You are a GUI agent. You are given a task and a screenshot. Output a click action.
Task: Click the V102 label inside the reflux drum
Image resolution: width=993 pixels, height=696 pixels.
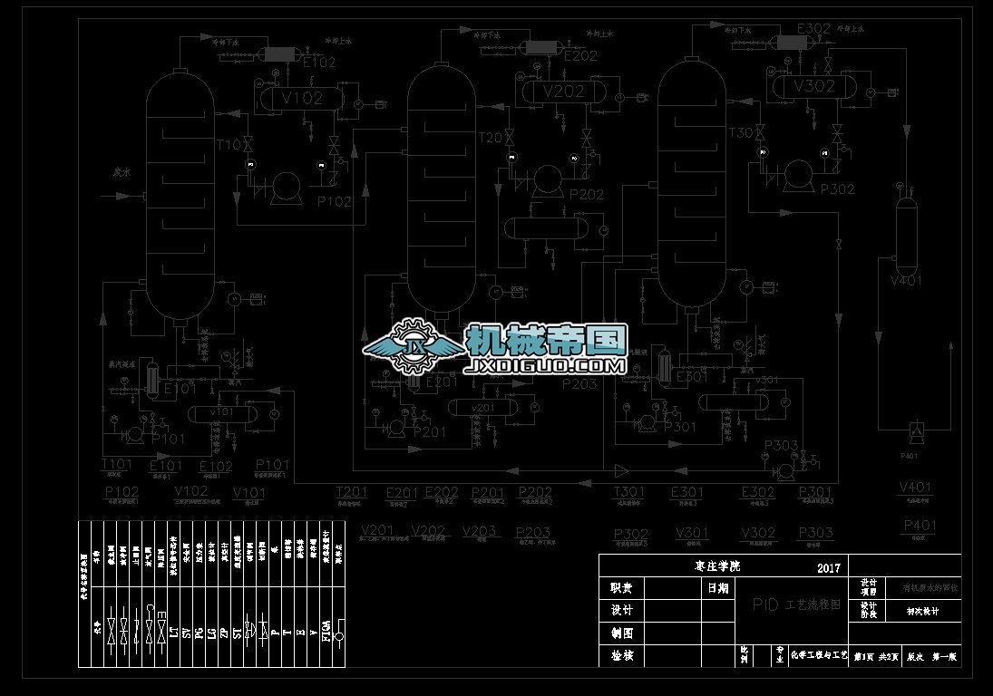point(302,98)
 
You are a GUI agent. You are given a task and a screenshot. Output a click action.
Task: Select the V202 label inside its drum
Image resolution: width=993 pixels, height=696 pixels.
point(563,92)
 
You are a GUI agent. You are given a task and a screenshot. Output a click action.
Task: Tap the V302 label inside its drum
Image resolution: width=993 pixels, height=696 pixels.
point(813,87)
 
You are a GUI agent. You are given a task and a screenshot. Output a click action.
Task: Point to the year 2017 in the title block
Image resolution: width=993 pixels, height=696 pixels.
point(829,568)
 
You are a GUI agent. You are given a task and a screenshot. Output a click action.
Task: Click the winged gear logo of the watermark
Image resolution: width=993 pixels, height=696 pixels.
point(415,347)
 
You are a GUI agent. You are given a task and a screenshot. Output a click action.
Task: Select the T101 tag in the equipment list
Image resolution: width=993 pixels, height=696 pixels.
point(116,465)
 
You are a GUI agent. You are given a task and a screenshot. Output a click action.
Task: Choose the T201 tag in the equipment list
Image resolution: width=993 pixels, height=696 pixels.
point(351,492)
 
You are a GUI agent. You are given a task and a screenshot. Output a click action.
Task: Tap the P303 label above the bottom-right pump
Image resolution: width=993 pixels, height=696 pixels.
point(781,445)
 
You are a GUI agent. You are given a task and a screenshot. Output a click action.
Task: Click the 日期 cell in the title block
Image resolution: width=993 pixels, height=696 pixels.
point(718,588)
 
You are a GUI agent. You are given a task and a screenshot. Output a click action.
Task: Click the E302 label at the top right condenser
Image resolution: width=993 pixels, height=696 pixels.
point(813,29)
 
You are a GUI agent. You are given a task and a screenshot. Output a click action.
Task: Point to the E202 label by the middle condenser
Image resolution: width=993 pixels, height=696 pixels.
point(580,56)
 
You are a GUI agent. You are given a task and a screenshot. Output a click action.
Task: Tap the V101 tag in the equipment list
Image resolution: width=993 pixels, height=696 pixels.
point(250,492)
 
